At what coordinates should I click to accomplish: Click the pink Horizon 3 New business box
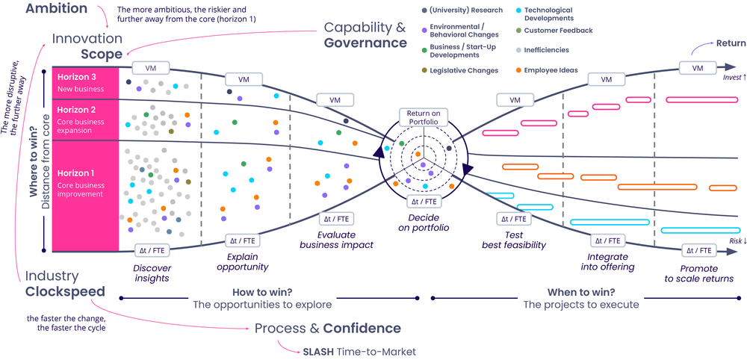point(85,82)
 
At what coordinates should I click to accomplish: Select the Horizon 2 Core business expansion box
point(85,120)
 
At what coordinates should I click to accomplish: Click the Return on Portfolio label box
point(423,117)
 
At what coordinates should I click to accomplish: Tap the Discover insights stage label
point(152,273)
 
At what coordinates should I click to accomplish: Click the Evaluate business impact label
point(336,239)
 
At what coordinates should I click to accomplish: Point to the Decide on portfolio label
point(423,223)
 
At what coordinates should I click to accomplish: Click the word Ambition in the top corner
point(57,9)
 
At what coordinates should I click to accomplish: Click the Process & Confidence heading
point(327,328)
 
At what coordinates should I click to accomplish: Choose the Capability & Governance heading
point(365,35)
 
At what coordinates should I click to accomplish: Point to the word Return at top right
point(731,43)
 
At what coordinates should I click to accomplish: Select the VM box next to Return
point(698,69)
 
